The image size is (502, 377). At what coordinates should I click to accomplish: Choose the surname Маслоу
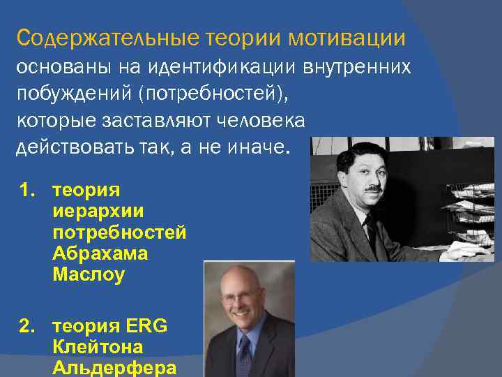tap(88, 275)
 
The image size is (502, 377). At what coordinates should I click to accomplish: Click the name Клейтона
tap(97, 347)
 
